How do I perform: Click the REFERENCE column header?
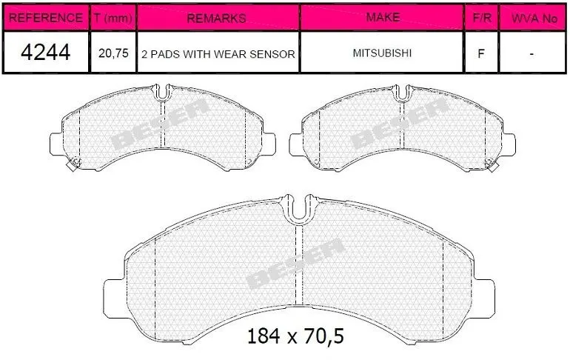[45, 18]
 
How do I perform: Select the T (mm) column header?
[113, 18]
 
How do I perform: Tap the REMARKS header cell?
[217, 18]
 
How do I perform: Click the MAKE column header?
[383, 17]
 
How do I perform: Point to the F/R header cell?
[482, 18]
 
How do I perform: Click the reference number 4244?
[45, 52]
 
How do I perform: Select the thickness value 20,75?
[113, 53]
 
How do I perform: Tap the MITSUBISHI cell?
[382, 53]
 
